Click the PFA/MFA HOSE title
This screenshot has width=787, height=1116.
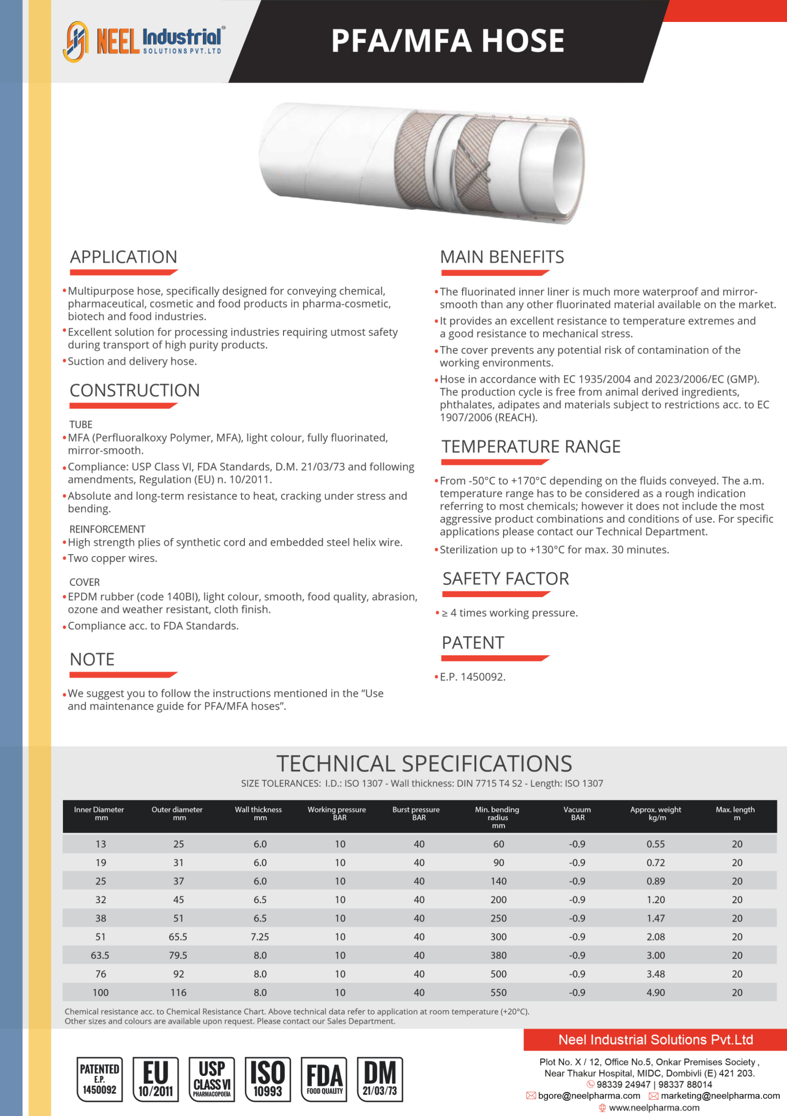pyautogui.click(x=447, y=41)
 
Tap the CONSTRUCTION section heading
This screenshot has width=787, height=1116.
pyautogui.click(x=135, y=390)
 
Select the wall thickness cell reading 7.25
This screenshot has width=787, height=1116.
pyautogui.click(x=260, y=937)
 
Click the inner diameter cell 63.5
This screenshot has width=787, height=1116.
pyautogui.click(x=100, y=955)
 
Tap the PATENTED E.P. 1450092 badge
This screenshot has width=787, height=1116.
pyautogui.click(x=100, y=1079)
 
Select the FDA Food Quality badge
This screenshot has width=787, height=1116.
pyautogui.click(x=324, y=1079)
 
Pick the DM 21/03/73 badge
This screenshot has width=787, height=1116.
pyautogui.click(x=380, y=1079)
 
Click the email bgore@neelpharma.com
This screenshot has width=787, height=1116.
pyautogui.click(x=589, y=1096)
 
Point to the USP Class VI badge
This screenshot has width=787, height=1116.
pyautogui.click(x=212, y=1079)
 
